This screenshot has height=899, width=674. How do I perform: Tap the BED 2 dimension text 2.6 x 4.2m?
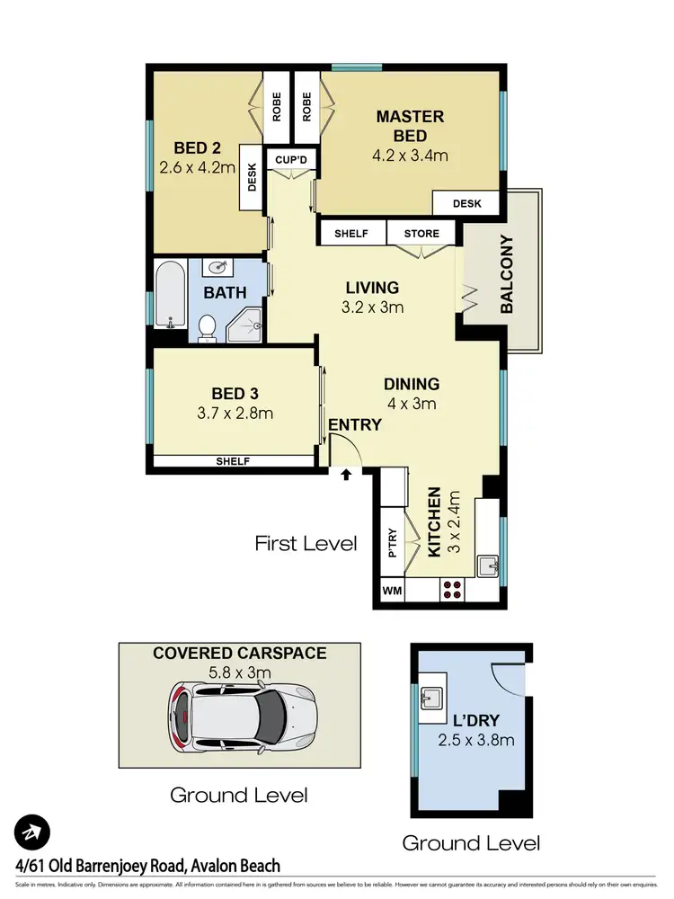(198, 167)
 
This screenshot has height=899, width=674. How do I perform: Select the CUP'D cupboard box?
(292, 159)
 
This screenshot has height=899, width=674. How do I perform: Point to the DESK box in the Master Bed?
(466, 204)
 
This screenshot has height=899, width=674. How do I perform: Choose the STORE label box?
(421, 234)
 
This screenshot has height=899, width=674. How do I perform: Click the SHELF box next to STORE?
(351, 234)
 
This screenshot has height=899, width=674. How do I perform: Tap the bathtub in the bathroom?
(169, 295)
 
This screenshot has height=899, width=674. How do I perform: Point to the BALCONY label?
(506, 274)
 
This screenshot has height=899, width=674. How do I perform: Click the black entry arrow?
(346, 474)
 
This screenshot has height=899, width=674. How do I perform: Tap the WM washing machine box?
(392, 591)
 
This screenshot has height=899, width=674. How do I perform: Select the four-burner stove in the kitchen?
(453, 591)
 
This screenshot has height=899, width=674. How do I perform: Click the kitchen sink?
(489, 566)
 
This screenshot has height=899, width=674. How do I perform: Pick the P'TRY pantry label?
(392, 543)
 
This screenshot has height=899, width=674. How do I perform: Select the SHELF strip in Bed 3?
(232, 461)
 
